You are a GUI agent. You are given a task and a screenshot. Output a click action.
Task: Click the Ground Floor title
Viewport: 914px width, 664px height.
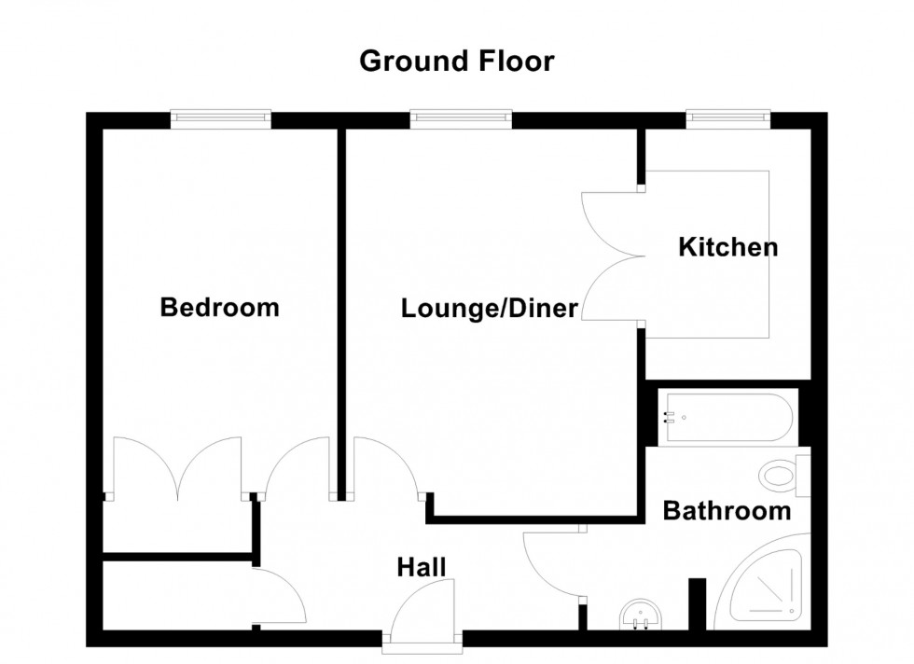456,62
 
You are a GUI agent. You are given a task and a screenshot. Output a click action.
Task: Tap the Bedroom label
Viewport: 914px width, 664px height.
219,307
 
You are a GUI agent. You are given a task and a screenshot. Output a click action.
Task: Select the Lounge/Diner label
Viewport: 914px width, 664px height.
490,309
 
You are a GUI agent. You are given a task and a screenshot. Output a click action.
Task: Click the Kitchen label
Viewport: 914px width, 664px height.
727,248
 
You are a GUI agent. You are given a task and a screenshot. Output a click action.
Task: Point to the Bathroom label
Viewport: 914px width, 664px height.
727,511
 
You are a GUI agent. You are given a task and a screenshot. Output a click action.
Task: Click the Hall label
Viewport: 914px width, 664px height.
422,567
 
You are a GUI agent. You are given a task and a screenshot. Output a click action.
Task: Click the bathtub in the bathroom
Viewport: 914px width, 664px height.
727,416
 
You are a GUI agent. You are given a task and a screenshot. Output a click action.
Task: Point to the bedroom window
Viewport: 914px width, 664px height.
220,118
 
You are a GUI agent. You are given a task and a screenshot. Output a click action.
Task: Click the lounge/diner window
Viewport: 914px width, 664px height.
460,118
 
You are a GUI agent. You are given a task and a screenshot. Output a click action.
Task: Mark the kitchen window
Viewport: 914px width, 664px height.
728,118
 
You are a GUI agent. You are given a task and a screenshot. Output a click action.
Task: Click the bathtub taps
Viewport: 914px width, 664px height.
667,416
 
